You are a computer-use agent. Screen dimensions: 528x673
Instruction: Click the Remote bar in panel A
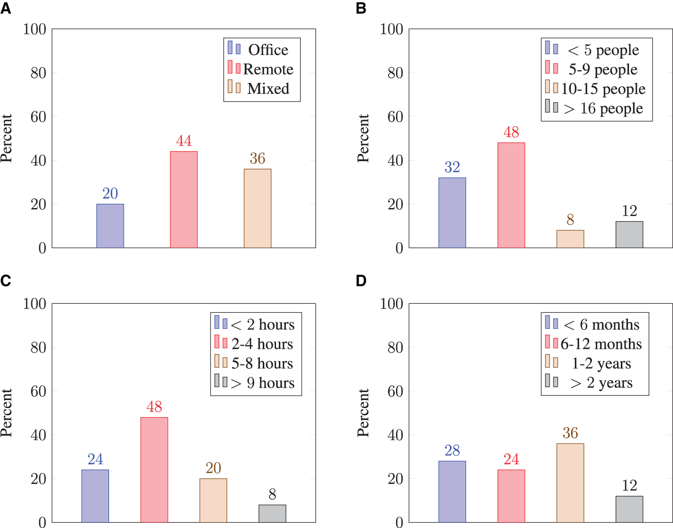[184, 200]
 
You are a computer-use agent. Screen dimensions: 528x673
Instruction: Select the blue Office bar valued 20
[110, 226]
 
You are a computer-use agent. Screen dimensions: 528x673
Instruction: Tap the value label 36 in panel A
[257, 158]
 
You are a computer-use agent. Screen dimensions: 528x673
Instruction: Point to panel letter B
[361, 8]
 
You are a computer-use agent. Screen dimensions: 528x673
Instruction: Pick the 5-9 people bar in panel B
[511, 195]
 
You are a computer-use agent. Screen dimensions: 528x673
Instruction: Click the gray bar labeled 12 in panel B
[629, 235]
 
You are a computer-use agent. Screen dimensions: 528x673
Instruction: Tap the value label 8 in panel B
[570, 219]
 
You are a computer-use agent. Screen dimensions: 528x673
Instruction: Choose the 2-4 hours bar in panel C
[154, 469]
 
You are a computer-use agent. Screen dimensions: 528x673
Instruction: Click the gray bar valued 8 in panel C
[272, 513]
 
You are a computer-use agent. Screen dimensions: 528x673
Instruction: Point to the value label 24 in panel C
[95, 459]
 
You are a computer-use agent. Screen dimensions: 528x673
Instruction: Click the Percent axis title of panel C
[6, 413]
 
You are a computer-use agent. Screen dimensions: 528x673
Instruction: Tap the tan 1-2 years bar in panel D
[570, 482]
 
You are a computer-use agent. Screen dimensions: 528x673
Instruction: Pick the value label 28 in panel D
[452, 450]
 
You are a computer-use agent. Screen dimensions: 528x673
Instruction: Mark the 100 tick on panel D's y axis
[391, 303]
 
